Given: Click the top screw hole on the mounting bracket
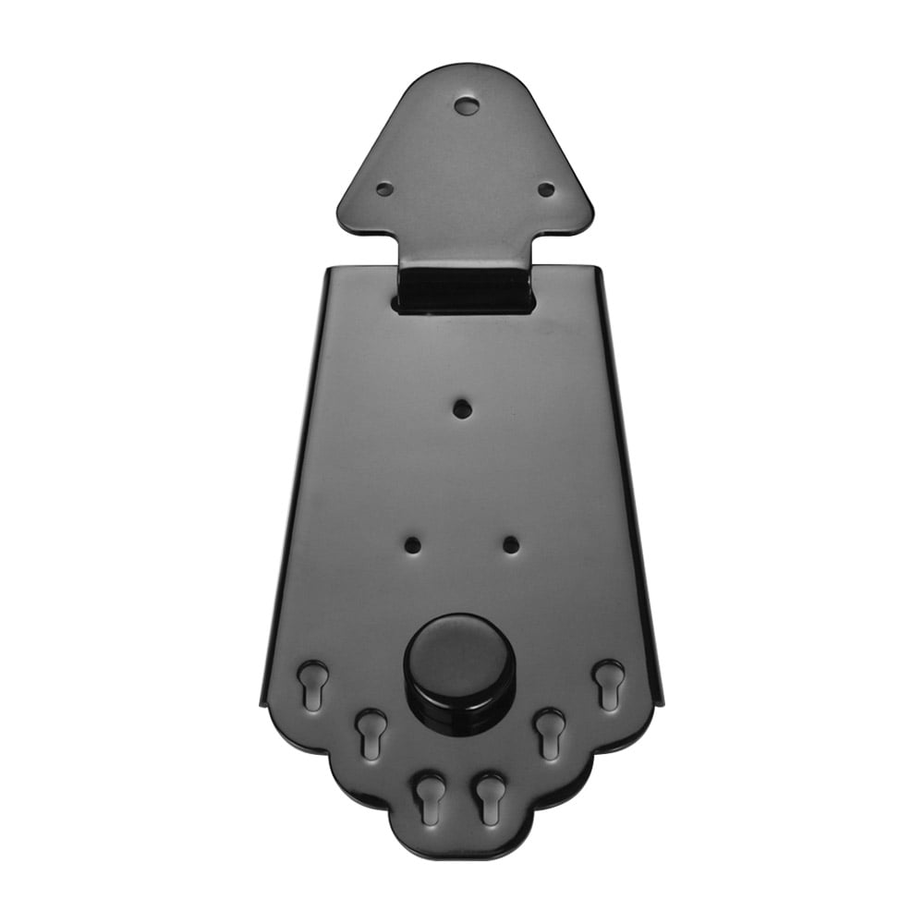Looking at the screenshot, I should click(x=467, y=105).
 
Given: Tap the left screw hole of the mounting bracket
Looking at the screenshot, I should click(x=384, y=188).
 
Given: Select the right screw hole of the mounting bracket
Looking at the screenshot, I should click(x=546, y=188).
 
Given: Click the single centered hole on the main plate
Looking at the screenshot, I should click(x=462, y=407).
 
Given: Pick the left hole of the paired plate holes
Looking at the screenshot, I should click(x=413, y=544).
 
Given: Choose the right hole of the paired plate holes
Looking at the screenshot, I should click(x=511, y=544).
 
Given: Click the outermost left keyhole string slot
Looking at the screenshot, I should click(x=312, y=684).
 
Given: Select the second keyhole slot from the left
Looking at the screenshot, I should click(x=371, y=732).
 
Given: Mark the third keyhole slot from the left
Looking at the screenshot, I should click(x=429, y=796).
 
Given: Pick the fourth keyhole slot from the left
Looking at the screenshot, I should click(x=489, y=796).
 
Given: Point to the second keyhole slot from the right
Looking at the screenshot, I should click(x=550, y=732).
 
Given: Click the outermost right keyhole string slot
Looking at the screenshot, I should click(x=607, y=684).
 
